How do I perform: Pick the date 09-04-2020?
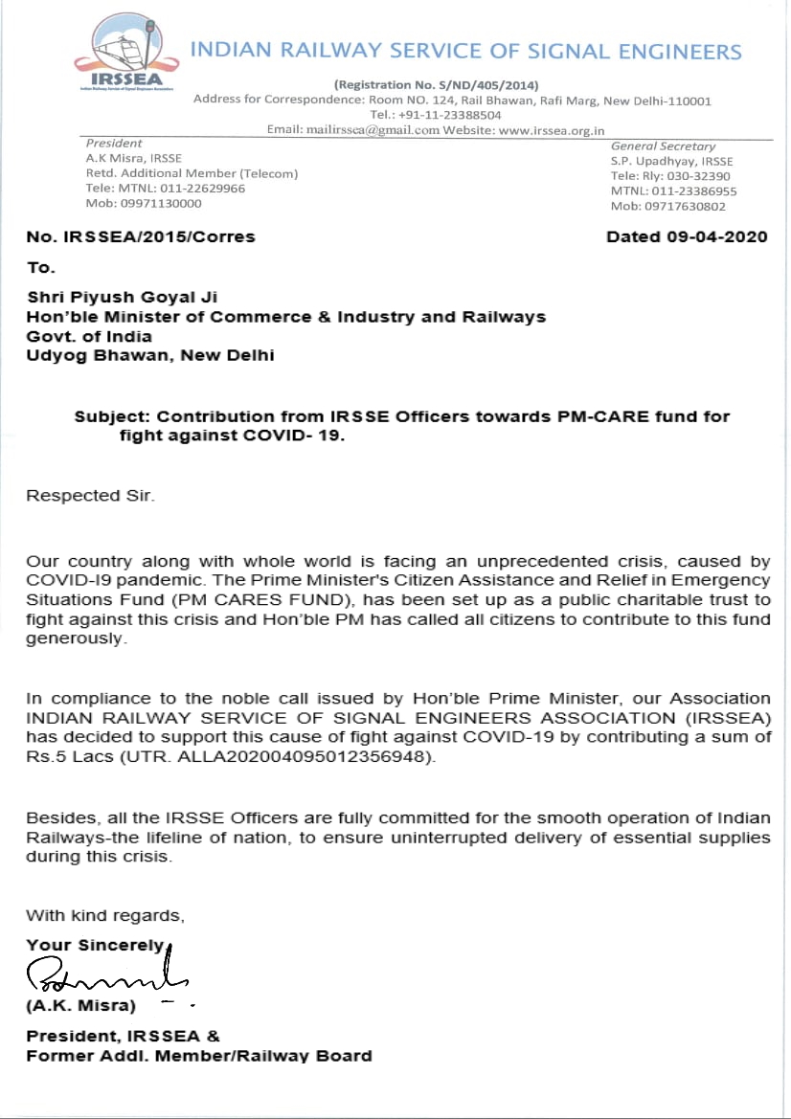tap(717, 236)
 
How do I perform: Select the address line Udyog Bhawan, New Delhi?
tap(150, 355)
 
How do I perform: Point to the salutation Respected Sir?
tap(90, 496)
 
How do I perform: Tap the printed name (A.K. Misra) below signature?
tap(80, 1006)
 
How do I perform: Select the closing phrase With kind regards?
tap(104, 916)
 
